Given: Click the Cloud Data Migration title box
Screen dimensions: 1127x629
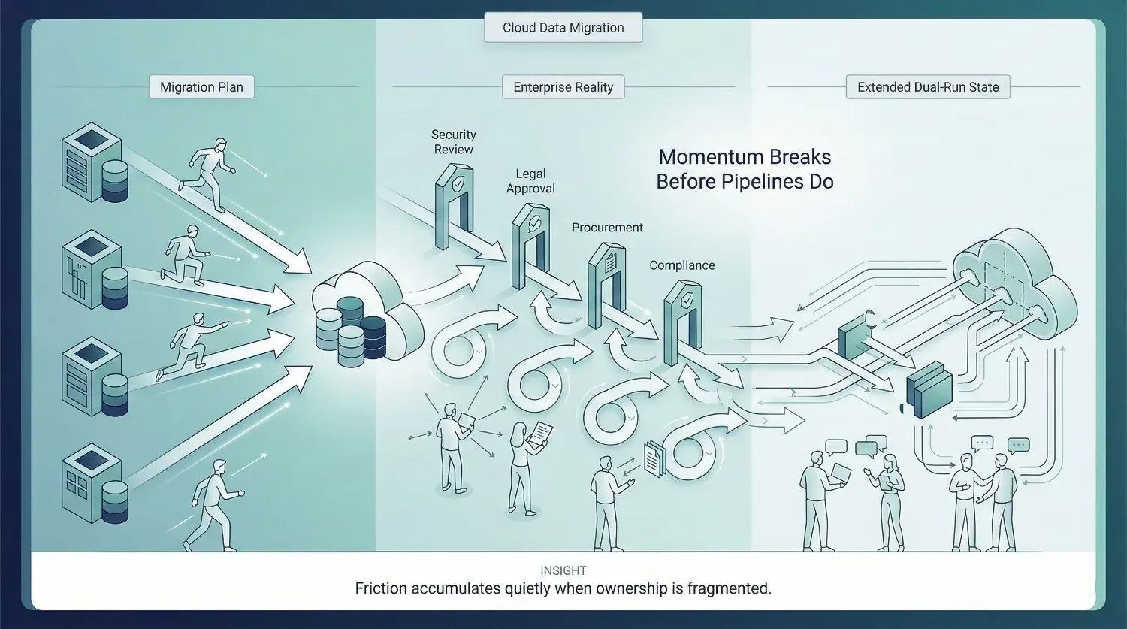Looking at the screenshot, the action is (x=563, y=28).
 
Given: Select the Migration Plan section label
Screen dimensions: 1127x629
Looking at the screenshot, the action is (x=201, y=87).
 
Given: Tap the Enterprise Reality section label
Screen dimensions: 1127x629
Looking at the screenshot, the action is (x=563, y=87).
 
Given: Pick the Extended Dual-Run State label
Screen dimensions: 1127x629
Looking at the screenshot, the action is (x=928, y=87).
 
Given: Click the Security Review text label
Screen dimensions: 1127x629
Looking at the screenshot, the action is (x=453, y=142).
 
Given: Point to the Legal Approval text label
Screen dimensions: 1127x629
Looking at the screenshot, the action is (x=530, y=181).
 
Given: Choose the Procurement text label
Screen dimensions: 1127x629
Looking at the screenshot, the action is (x=607, y=228).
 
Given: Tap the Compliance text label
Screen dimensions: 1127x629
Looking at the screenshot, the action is (x=681, y=265).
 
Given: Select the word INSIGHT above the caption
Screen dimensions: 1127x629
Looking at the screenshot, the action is (x=563, y=570).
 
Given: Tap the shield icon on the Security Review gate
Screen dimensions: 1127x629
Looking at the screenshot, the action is (x=458, y=183).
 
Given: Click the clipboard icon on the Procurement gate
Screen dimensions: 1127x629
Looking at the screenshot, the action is (x=610, y=262).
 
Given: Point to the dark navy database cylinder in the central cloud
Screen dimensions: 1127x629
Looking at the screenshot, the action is (x=373, y=337).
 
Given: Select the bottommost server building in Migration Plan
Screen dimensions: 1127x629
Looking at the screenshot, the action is (x=94, y=483).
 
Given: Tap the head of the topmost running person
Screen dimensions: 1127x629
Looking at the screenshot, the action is (x=220, y=144).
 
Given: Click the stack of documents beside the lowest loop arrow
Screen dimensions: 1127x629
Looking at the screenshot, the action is (x=654, y=458).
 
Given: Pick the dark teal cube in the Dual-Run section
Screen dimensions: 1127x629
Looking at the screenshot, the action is (x=929, y=389).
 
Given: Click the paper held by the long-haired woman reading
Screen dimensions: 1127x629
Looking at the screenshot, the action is (x=540, y=433).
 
